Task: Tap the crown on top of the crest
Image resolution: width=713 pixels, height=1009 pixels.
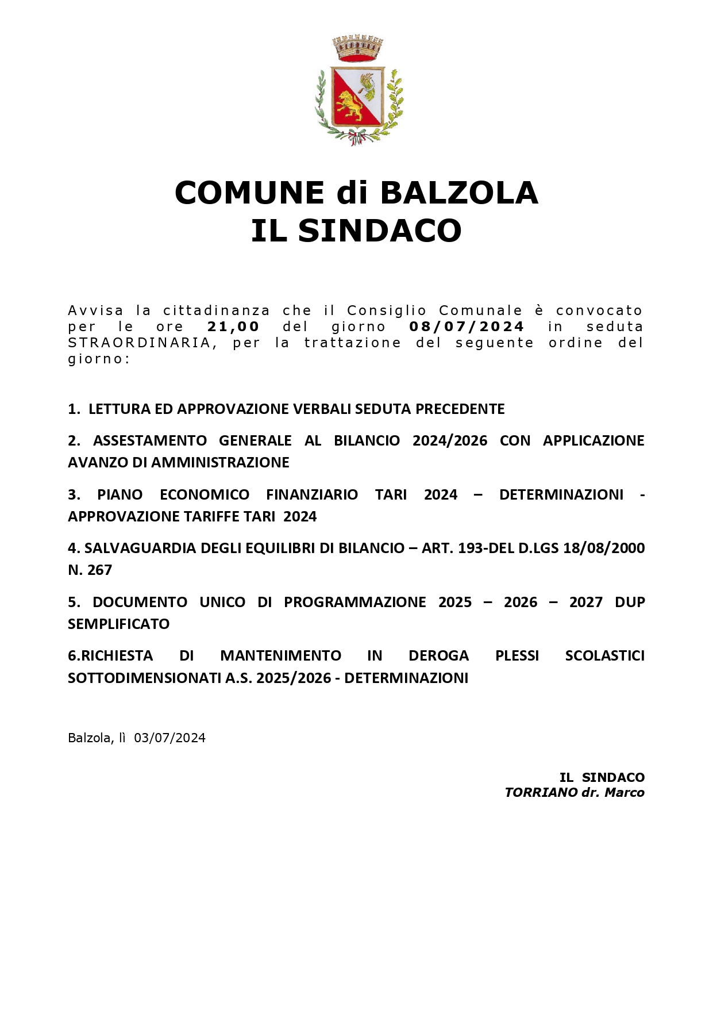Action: (357, 48)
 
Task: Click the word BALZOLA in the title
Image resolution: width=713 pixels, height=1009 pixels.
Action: (458, 193)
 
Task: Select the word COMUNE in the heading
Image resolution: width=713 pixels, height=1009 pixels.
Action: (249, 193)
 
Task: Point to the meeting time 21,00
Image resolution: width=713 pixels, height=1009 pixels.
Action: (233, 327)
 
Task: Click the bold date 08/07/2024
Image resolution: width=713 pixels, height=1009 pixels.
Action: (467, 327)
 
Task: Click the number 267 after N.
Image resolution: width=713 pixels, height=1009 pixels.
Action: (100, 570)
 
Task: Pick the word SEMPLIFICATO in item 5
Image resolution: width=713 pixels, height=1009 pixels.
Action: (118, 624)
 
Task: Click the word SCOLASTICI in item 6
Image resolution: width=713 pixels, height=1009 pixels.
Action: (604, 655)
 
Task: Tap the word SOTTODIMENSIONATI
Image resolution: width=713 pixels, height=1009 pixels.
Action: (144, 678)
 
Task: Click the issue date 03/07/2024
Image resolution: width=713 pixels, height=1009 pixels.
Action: (169, 738)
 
